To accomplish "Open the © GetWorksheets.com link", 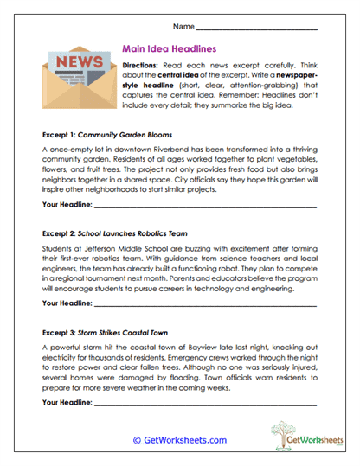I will [179, 440].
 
